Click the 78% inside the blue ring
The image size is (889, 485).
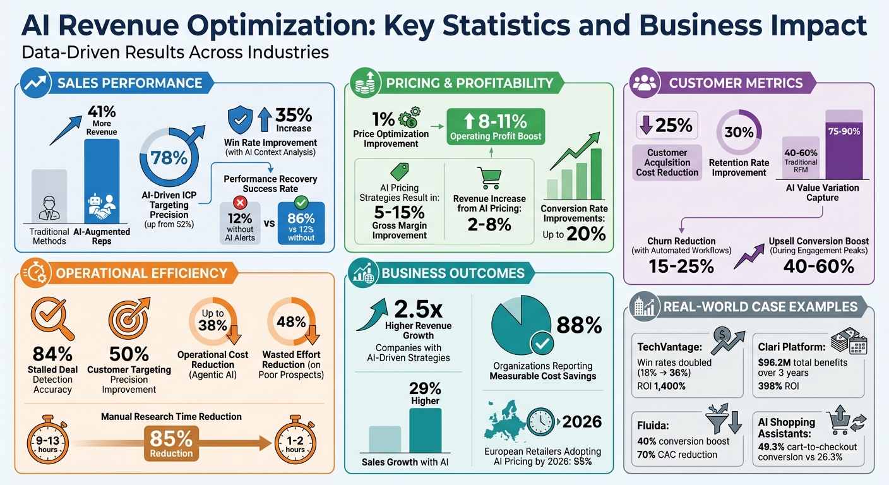pos(169,157)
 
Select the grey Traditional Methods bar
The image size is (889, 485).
pos(49,196)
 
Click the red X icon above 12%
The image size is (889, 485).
pos(240,203)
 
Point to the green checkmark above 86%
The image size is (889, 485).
pos(301,203)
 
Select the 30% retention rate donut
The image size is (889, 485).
pos(739,133)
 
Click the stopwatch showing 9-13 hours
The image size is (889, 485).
pos(48,442)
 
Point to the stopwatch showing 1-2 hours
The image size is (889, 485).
pos(294,442)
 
